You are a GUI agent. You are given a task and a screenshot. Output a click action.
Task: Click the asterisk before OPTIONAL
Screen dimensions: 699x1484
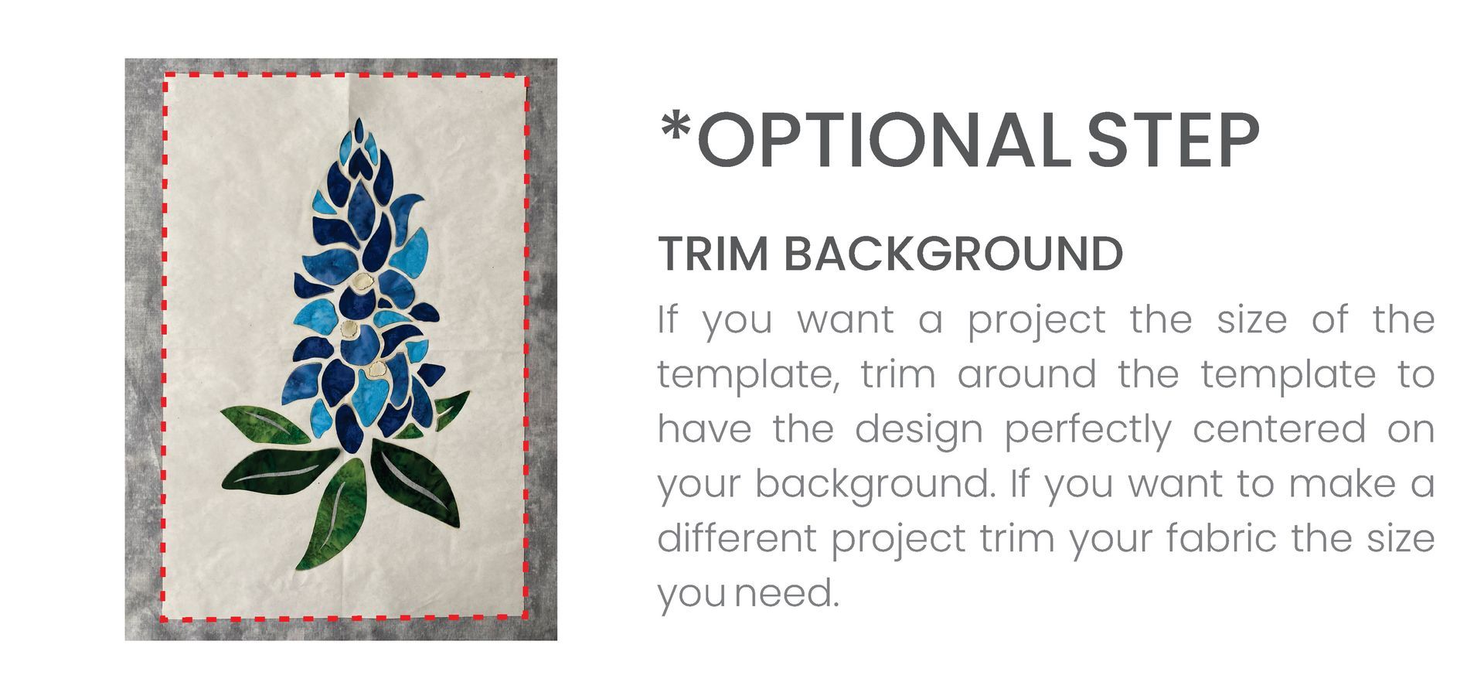click(676, 127)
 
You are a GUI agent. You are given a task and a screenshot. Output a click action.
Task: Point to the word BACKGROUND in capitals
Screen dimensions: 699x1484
click(954, 254)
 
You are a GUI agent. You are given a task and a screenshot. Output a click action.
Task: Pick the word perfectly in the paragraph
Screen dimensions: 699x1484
click(1087, 430)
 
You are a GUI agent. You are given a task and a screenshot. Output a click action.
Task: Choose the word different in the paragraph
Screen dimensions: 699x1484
click(736, 538)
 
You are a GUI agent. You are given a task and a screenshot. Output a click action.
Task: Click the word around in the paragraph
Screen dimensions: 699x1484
click(1027, 375)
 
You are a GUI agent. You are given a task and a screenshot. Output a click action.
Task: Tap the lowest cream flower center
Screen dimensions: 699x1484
click(378, 370)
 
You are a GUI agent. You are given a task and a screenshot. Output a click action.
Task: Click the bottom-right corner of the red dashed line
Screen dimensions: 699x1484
click(527, 618)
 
